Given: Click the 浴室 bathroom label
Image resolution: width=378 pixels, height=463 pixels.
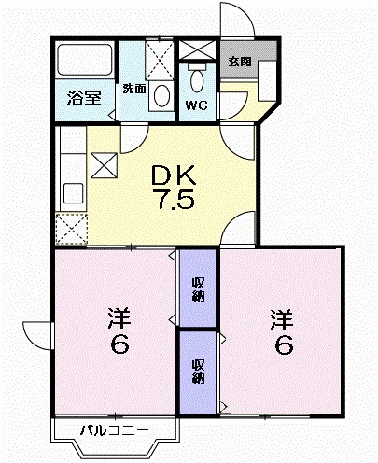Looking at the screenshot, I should pos(84,97).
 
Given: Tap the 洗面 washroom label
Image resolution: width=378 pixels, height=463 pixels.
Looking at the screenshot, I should pos(133,90).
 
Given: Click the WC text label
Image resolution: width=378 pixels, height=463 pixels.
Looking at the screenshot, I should pos(196,105).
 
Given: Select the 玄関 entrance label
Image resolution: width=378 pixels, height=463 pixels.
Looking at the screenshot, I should pos(240,62).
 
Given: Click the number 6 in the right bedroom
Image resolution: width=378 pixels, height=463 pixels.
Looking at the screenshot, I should pos(283,346).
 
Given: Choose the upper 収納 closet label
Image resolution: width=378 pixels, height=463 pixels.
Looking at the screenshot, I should pos(198,289).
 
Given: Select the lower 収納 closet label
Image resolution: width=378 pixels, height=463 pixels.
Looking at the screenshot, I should pos(198,371).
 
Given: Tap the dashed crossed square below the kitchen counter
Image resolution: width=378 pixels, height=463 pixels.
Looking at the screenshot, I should pos(70,228).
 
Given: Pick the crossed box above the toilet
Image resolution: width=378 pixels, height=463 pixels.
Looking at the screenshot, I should pos(196,49).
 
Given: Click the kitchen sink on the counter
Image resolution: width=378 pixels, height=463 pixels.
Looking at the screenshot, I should pos(71,194).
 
